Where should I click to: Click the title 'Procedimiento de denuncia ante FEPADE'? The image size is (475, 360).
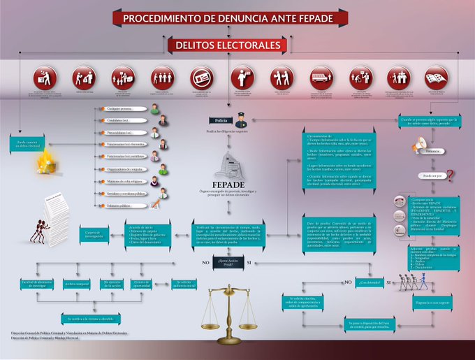pos(237,18)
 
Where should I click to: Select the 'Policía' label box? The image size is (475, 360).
pos(221,120)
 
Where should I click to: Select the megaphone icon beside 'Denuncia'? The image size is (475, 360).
pos(419,145)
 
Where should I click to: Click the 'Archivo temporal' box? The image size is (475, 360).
pos(77,284)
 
